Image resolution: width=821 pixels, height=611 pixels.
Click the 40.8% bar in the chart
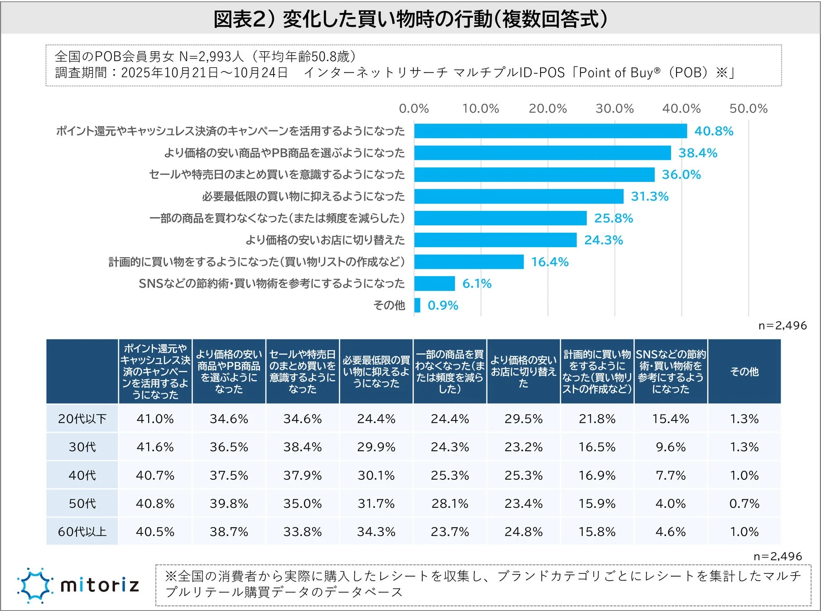pyautogui.click(x=550, y=131)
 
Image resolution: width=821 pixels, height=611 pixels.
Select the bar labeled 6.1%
pyautogui.click(x=434, y=283)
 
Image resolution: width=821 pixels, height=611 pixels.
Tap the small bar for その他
pyautogui.click(x=417, y=305)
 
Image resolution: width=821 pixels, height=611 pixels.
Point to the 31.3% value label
pyautogui.click(x=649, y=196)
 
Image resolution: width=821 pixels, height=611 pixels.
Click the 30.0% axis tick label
pyautogui.click(x=614, y=109)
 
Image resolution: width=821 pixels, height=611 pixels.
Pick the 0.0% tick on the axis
pyautogui.click(x=414, y=109)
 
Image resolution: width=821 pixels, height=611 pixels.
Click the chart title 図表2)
pyautogui.click(x=410, y=19)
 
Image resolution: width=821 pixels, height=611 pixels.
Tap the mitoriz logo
pyautogui.click(x=78, y=585)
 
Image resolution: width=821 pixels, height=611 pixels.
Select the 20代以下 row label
pyautogui.click(x=82, y=419)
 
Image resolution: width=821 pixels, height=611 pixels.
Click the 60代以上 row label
pyautogui.click(x=82, y=531)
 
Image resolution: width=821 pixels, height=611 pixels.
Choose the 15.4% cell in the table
pyautogui.click(x=670, y=419)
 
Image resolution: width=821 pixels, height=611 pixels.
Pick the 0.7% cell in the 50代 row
pyautogui.click(x=744, y=503)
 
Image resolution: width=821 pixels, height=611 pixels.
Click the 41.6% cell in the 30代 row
pyautogui.click(x=155, y=447)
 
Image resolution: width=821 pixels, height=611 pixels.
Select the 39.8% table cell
pyautogui.click(x=229, y=503)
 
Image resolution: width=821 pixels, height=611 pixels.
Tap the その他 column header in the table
pyautogui.click(x=744, y=372)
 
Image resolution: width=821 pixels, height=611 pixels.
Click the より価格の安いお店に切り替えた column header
pyautogui.click(x=523, y=372)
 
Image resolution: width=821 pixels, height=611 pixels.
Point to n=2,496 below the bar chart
pyautogui.click(x=782, y=325)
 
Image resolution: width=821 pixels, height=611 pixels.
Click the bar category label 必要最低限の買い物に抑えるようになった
pyautogui.click(x=303, y=196)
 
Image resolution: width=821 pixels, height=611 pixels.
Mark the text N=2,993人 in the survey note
pyautogui.click(x=212, y=57)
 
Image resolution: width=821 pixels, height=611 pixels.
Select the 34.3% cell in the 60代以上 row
pyautogui.click(x=376, y=531)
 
